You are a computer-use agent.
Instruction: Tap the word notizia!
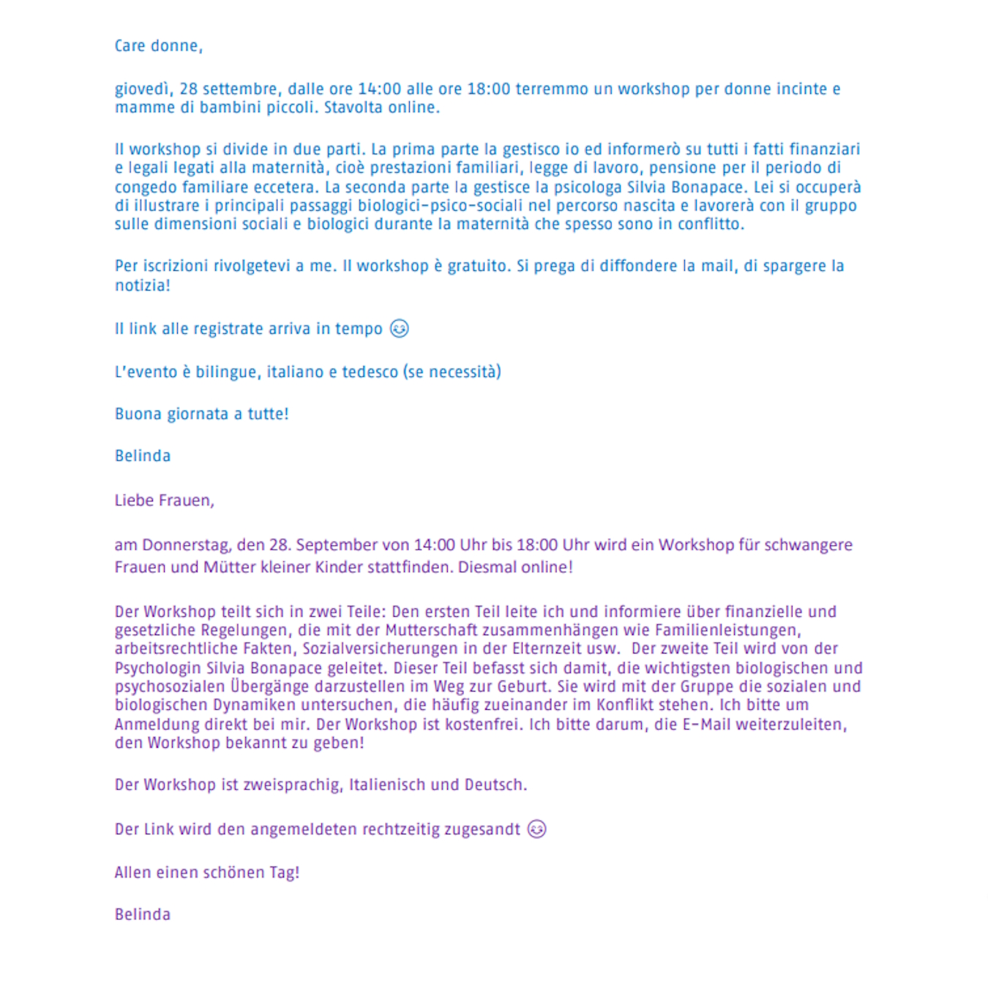click(142, 285)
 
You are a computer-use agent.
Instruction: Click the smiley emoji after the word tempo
click(399, 329)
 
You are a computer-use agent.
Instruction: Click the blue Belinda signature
click(143, 456)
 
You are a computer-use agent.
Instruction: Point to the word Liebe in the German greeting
click(134, 501)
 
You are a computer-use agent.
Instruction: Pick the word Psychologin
click(157, 668)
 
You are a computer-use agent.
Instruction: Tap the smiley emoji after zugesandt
click(536, 829)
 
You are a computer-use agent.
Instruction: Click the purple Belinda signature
click(143, 915)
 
